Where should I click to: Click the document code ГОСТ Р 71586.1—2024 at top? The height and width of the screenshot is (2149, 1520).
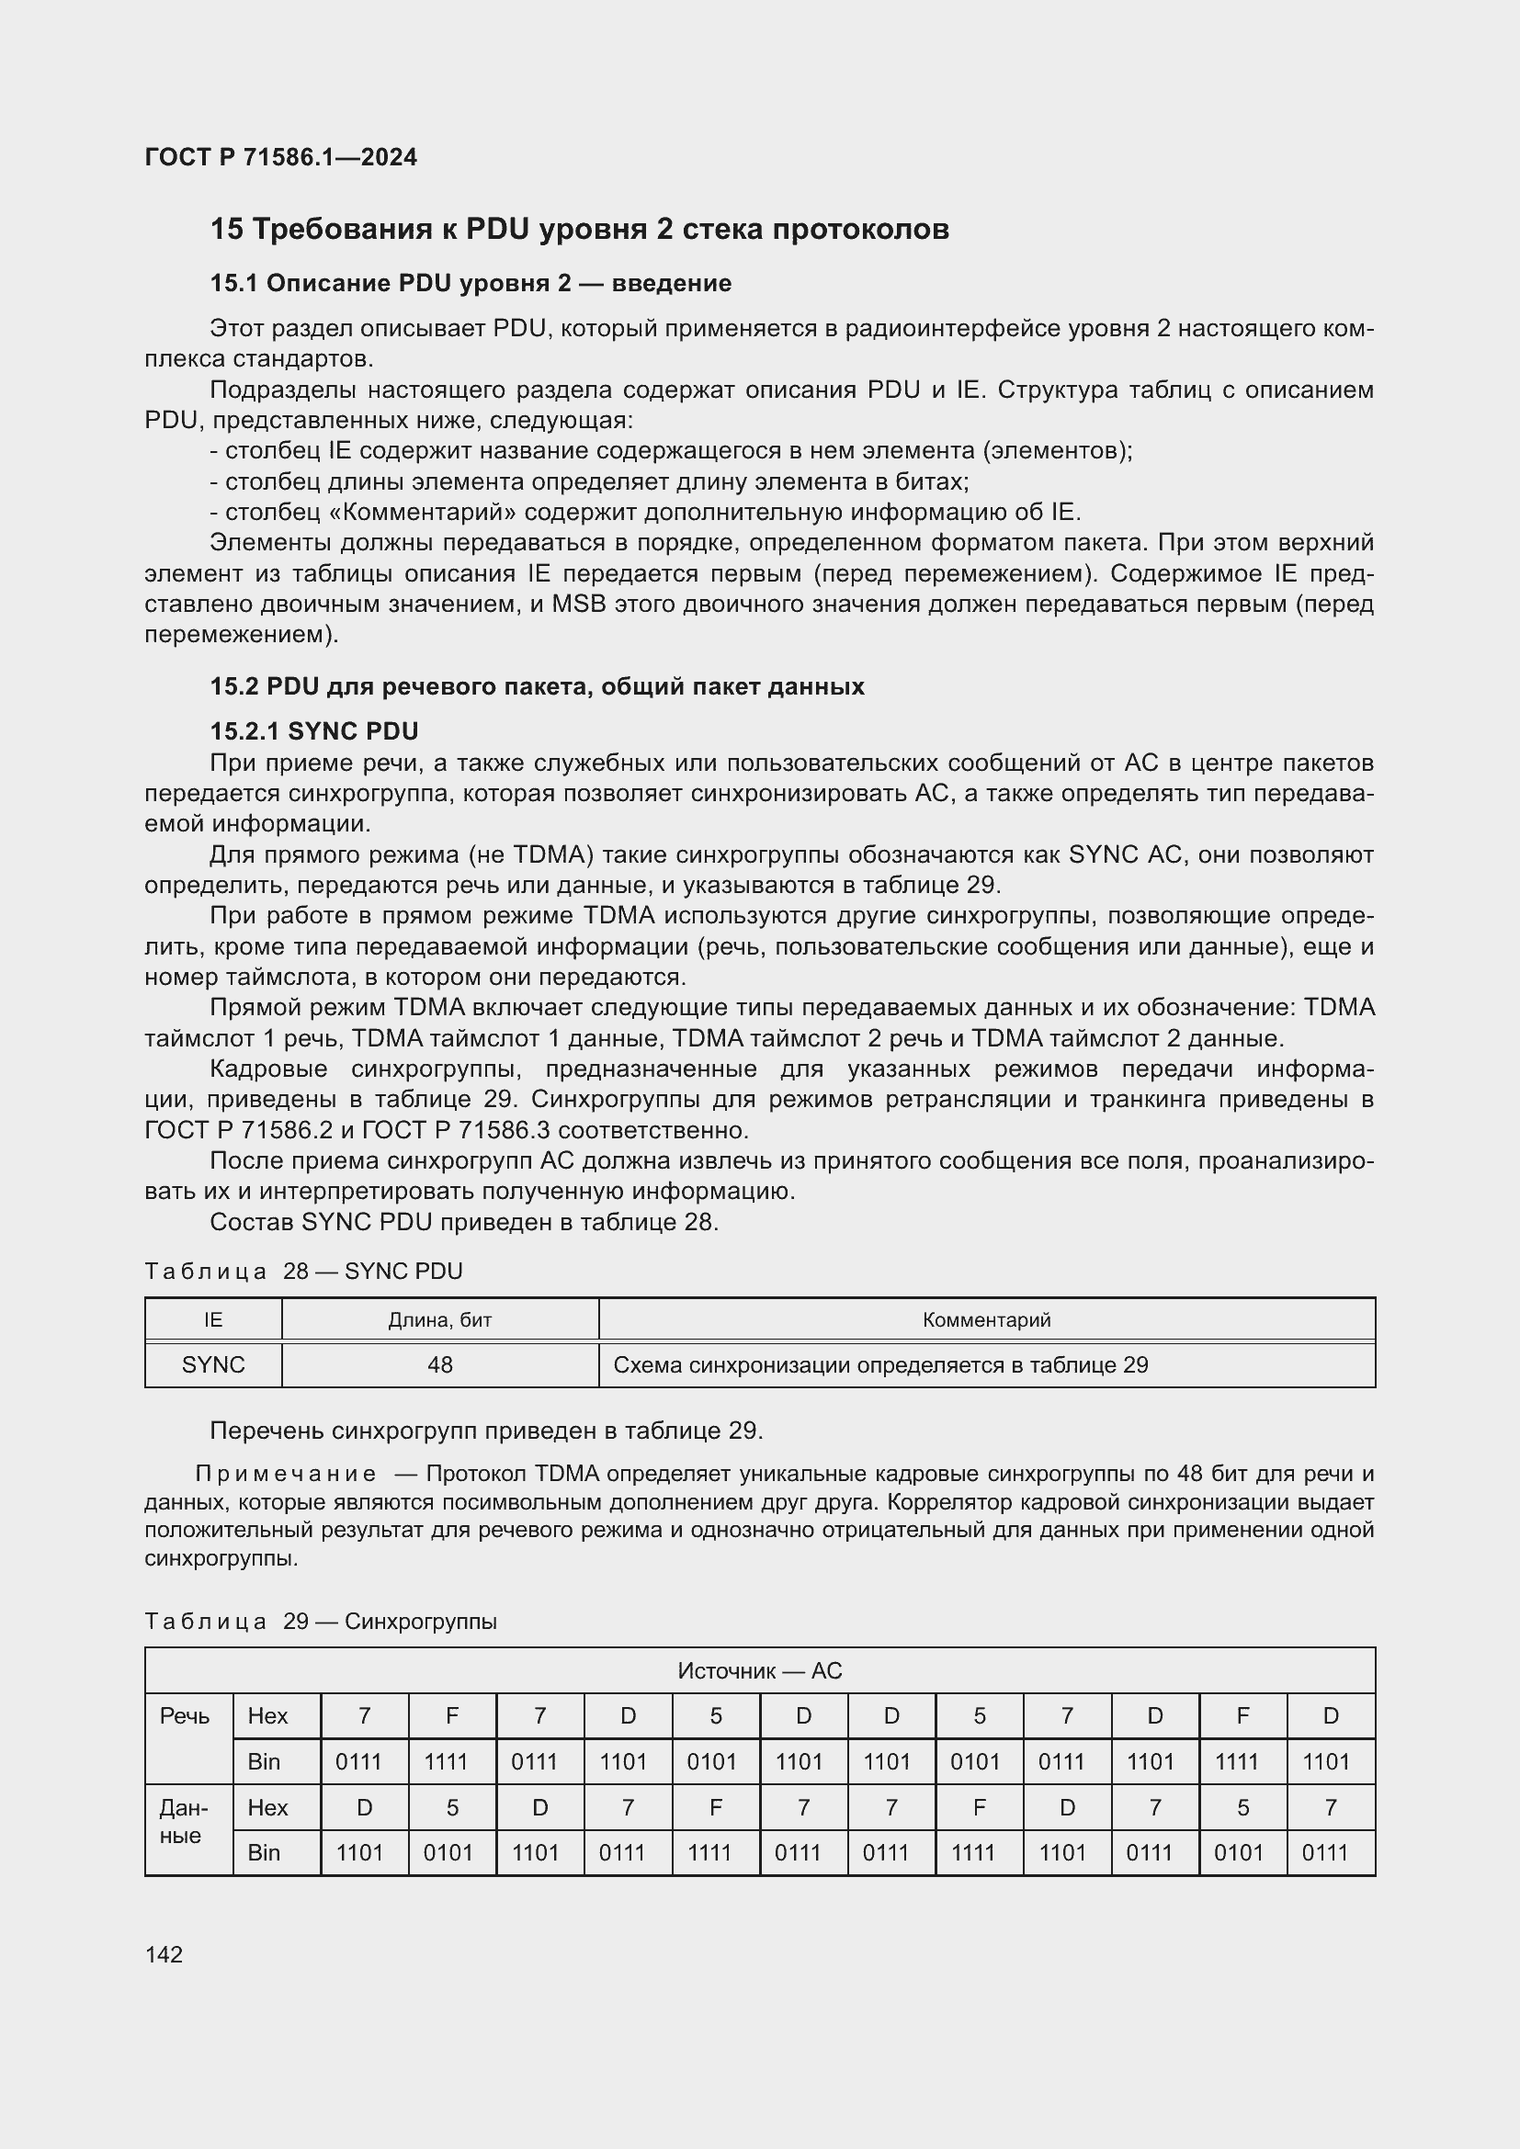point(281,157)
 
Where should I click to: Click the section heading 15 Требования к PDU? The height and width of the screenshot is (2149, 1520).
point(579,229)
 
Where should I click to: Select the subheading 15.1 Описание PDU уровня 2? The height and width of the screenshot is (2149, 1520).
point(470,283)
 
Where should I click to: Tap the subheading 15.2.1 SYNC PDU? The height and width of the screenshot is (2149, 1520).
point(313,731)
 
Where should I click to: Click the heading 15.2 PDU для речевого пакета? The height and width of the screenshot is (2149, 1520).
point(537,686)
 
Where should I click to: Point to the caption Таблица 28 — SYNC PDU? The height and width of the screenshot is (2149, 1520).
point(303,1270)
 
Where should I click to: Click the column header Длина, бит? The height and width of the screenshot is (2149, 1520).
point(440,1319)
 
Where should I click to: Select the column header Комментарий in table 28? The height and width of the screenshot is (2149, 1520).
point(986,1319)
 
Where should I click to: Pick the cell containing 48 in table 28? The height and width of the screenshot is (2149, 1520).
point(440,1364)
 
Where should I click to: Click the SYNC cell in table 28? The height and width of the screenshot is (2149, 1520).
point(213,1364)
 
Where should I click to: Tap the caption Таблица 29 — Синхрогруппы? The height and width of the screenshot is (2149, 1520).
point(320,1621)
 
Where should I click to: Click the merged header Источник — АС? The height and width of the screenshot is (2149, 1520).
point(759,1670)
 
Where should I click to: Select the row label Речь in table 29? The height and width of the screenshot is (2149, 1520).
point(185,1715)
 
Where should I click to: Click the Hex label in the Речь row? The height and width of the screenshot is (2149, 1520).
point(267,1715)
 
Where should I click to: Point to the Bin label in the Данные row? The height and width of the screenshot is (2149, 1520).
point(264,1852)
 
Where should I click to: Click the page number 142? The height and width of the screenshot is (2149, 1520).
point(164,1954)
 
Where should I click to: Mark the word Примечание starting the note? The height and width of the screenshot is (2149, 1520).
point(286,1474)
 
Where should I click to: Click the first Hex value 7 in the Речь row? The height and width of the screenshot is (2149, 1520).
point(364,1715)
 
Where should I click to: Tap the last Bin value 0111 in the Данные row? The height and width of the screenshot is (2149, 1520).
point(1325,1852)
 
